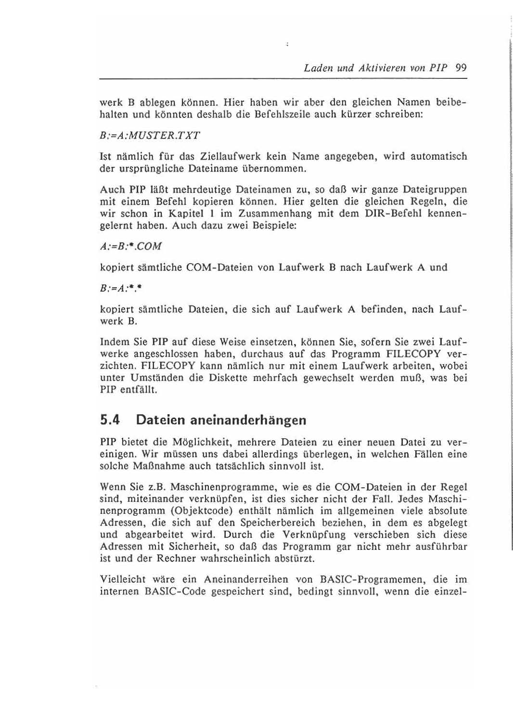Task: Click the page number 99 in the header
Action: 461,68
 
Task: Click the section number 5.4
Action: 110,420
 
